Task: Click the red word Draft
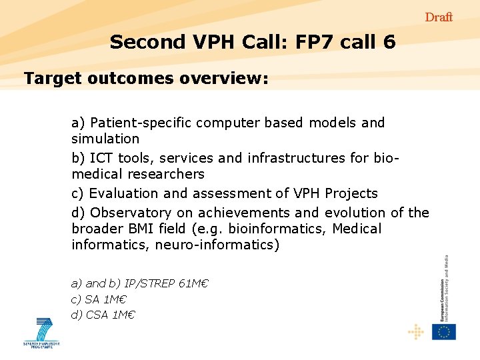(x=439, y=17)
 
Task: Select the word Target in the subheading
(x=51, y=79)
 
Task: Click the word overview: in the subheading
(x=223, y=79)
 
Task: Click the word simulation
(x=105, y=139)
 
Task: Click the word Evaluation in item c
(x=124, y=193)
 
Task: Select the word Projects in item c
(x=351, y=193)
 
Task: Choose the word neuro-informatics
(x=217, y=245)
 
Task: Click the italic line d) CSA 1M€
(x=103, y=315)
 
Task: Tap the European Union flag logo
(x=443, y=331)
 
